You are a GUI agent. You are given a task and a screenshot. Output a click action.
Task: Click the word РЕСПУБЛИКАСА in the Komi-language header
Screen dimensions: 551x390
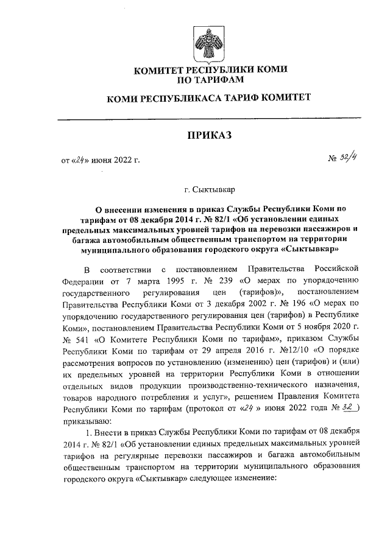pos(177,97)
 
